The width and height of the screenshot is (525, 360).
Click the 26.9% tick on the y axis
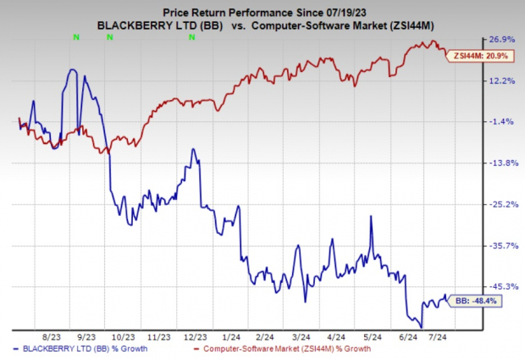pyautogui.click(x=497, y=40)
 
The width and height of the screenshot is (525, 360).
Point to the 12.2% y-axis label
pyautogui.click(x=497, y=81)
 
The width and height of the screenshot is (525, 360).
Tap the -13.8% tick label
pyautogui.click(x=497, y=163)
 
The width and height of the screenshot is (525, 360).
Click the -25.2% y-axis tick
pyautogui.click(x=497, y=204)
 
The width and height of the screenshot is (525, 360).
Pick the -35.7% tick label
pyautogui.click(x=497, y=246)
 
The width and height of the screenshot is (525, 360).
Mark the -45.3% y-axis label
pyautogui.click(x=497, y=286)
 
